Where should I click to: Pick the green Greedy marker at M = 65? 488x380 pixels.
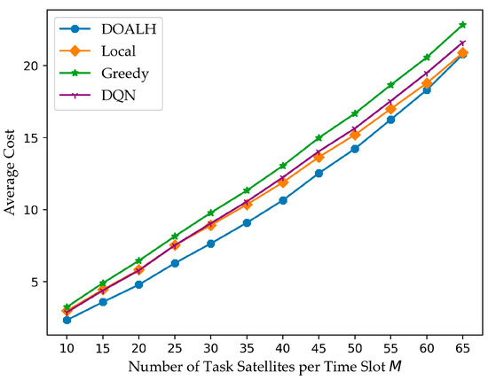[x=462, y=25]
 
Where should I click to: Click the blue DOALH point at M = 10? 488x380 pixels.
[x=67, y=320]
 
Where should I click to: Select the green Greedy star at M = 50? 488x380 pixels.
[x=355, y=113]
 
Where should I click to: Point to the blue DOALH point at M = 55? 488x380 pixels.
[x=390, y=119]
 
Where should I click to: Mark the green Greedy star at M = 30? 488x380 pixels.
[x=210, y=213]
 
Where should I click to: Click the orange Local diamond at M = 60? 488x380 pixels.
[x=427, y=83]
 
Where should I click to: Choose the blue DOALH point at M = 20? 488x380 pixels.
[x=138, y=284]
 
